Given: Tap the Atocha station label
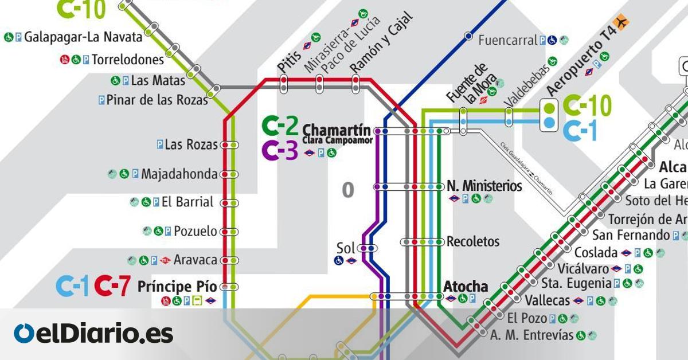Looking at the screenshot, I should click(466, 286).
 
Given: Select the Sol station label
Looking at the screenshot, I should click(346, 248).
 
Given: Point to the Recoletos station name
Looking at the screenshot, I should click(473, 241).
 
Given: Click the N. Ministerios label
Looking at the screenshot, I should click(484, 186).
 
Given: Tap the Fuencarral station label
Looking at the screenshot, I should click(507, 40).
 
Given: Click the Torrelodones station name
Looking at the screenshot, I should click(127, 59).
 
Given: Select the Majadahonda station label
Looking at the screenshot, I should click(179, 174).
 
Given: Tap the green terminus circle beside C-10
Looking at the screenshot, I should click(549, 107).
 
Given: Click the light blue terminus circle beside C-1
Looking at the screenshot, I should click(549, 122).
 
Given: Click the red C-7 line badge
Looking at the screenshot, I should click(112, 287).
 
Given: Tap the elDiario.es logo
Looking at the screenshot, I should click(93, 334).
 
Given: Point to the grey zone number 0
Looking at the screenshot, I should click(347, 190).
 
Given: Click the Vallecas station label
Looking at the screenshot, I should click(547, 300).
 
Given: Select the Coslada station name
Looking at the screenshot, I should click(596, 253).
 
